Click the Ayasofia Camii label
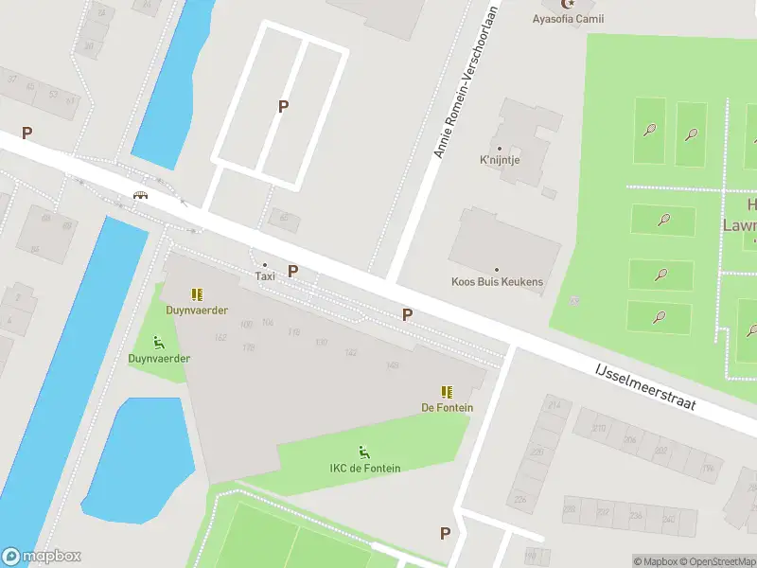pos(568,19)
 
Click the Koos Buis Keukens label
pos(497,282)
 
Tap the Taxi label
pos(265,276)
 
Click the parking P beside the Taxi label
pos(293,272)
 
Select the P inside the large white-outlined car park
pos(282,107)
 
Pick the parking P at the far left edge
pos(26,134)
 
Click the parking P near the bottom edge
pos(445,534)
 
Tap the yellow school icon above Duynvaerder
pos(197,294)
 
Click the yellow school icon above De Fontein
pos(446,392)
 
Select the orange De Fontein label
pos(448,408)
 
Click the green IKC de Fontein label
pos(365,469)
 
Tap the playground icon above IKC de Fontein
pos(363,453)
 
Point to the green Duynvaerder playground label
pos(159,359)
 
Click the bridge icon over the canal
pos(141,196)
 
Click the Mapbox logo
pos(42,557)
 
